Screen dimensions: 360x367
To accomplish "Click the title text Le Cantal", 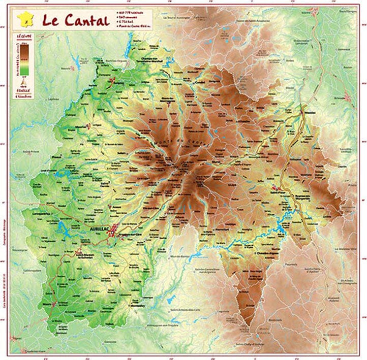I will tap(75, 21).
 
